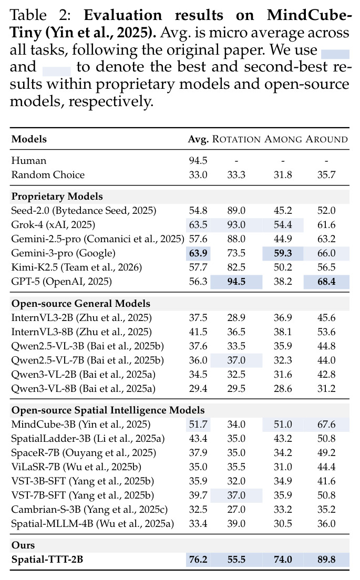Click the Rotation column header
point(236,139)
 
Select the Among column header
point(283,139)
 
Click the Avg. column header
point(198,139)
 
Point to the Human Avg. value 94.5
point(198,161)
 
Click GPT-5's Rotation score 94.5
point(236,282)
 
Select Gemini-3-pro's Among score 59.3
point(283,253)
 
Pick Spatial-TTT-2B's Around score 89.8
point(326,560)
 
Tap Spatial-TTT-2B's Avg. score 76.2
point(198,560)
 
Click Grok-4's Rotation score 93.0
point(236,224)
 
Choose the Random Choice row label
point(48,174)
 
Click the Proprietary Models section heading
point(57,196)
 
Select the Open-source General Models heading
point(81,303)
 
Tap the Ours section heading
point(23,545)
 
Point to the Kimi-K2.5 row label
point(77,267)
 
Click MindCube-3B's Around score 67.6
point(326,424)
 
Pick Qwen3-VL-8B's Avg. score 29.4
point(198,389)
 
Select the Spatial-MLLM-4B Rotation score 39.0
point(236,524)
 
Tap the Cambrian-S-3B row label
point(89,510)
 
